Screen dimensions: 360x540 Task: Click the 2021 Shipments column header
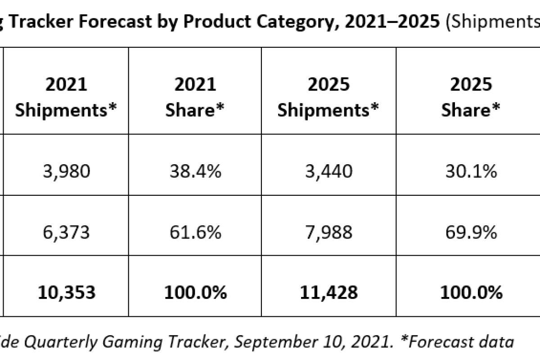[x=66, y=97]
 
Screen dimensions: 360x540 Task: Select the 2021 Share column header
[x=195, y=97]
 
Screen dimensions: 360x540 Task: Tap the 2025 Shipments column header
[x=328, y=97]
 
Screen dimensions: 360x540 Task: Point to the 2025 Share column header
[x=470, y=97]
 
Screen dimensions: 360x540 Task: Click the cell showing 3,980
[x=66, y=171]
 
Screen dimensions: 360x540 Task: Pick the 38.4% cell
[x=195, y=171]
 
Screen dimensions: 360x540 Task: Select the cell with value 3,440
[x=328, y=171]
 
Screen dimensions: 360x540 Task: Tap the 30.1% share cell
[x=470, y=171]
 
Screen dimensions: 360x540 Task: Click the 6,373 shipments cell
[x=66, y=233]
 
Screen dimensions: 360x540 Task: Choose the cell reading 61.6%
[x=195, y=233]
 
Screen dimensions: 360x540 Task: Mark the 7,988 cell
[x=328, y=233]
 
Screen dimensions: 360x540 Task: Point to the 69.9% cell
[x=470, y=233]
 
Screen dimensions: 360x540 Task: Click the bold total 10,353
[x=66, y=292]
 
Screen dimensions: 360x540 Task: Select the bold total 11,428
[x=328, y=292]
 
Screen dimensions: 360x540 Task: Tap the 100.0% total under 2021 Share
[x=195, y=292]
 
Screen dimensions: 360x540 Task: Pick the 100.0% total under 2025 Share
[x=470, y=292]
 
